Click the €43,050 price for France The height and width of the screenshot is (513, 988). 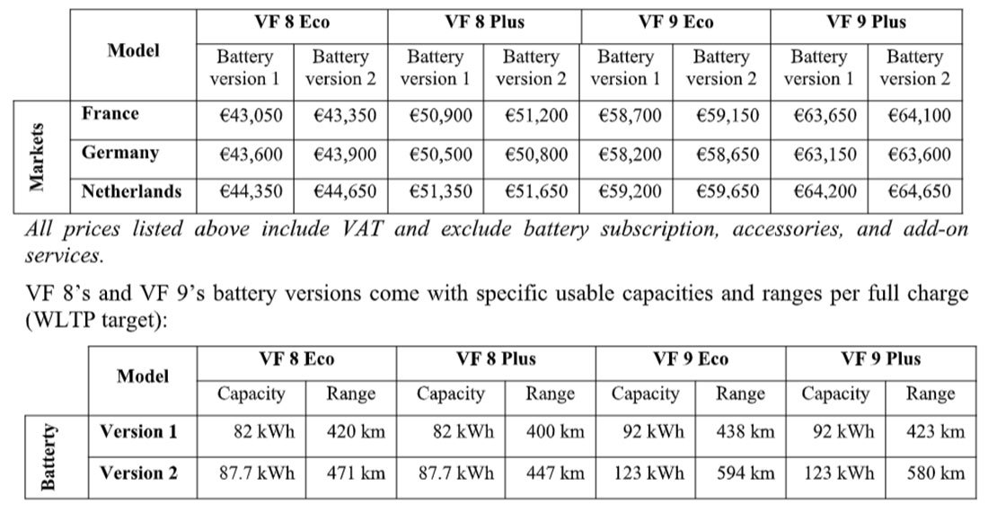click(244, 116)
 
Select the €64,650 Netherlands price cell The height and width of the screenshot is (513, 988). click(919, 191)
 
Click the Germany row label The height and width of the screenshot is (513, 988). click(119, 153)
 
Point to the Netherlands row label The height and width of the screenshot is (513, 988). click(131, 190)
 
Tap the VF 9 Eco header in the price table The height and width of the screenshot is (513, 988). click(675, 22)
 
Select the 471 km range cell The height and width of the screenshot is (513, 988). click(356, 473)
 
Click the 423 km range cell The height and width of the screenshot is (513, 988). click(936, 431)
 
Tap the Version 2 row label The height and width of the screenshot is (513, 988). click(138, 473)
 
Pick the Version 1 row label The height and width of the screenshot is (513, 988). click(138, 431)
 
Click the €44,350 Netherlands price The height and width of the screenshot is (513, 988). click(244, 191)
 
